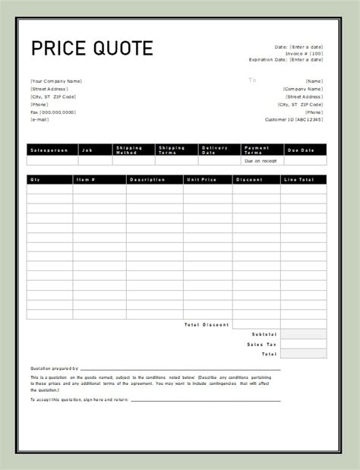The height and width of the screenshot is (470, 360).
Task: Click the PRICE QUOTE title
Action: click(92, 49)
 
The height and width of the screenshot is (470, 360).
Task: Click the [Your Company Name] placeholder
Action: click(56, 81)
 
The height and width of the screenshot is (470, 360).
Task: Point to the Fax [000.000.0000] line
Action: click(53, 112)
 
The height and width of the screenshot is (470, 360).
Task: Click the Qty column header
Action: click(35, 179)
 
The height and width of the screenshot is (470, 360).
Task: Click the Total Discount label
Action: click(207, 324)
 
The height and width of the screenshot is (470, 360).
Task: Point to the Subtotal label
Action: click(265, 334)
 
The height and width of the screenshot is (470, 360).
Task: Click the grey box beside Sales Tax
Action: click(303, 344)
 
